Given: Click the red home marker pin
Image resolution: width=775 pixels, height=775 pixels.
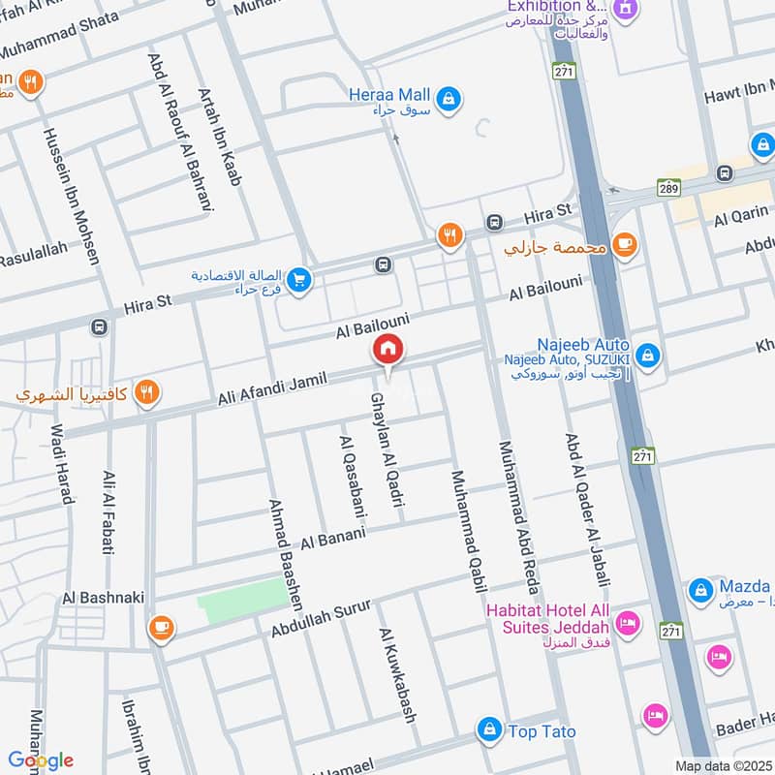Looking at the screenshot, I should click(388, 350).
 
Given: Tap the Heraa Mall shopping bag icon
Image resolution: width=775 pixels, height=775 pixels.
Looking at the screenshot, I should click(449, 98).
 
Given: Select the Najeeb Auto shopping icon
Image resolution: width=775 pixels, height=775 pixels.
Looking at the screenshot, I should click(648, 356).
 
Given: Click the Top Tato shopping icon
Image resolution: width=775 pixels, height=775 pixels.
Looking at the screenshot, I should click(490, 728).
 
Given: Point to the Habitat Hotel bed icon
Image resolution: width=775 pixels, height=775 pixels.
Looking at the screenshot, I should click(627, 621).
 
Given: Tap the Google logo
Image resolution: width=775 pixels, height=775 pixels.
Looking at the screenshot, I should click(41, 760).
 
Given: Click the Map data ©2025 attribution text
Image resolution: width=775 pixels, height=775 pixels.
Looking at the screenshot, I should click(724, 765).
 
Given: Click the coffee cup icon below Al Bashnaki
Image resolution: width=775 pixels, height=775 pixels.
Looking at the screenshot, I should click(161, 629).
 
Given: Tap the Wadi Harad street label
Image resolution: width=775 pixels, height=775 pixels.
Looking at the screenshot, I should click(61, 464).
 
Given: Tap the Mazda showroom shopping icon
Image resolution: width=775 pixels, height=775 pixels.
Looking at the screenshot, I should click(700, 589).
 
